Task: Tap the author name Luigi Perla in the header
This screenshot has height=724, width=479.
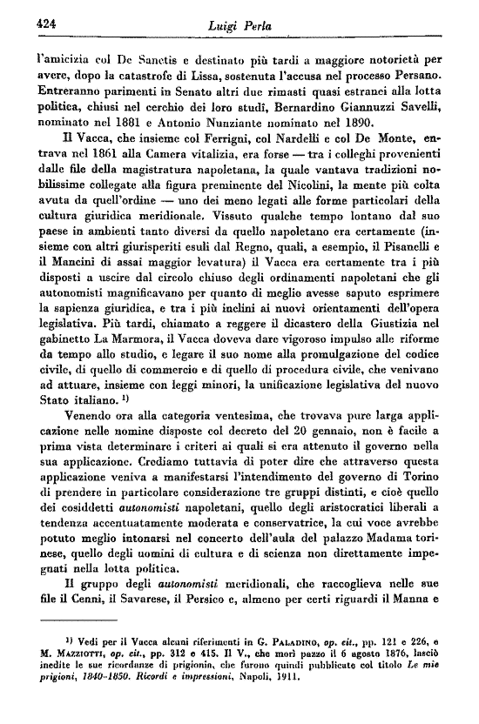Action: pyautogui.click(x=239, y=27)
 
